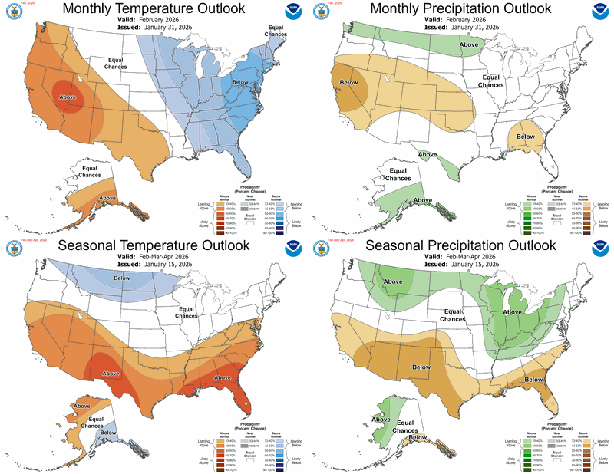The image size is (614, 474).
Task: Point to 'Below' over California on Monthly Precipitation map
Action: (348, 82)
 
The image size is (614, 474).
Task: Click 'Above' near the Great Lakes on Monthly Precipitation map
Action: (470, 45)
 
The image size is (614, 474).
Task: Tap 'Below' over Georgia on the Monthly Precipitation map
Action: (526, 137)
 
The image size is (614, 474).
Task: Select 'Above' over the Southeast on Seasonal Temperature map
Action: (223, 377)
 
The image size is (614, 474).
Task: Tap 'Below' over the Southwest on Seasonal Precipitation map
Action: (421, 367)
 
